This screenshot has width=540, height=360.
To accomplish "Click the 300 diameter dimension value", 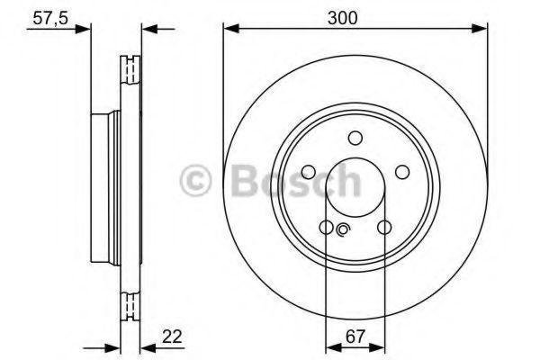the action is [342, 18].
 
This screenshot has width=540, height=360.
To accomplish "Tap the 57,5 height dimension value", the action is [50, 18].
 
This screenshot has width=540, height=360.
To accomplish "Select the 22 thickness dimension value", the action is [172, 337].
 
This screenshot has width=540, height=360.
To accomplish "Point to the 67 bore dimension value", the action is [355, 337].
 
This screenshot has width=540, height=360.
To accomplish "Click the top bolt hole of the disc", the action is [355, 138].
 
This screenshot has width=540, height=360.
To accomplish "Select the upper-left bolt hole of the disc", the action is [308, 172].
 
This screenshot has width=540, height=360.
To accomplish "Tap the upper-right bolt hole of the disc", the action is [402, 172].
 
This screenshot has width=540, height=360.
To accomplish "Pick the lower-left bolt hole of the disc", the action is [326, 227].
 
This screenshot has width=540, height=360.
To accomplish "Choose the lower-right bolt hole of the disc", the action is [384, 227].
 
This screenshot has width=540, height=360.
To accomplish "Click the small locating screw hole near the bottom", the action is [343, 229].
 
